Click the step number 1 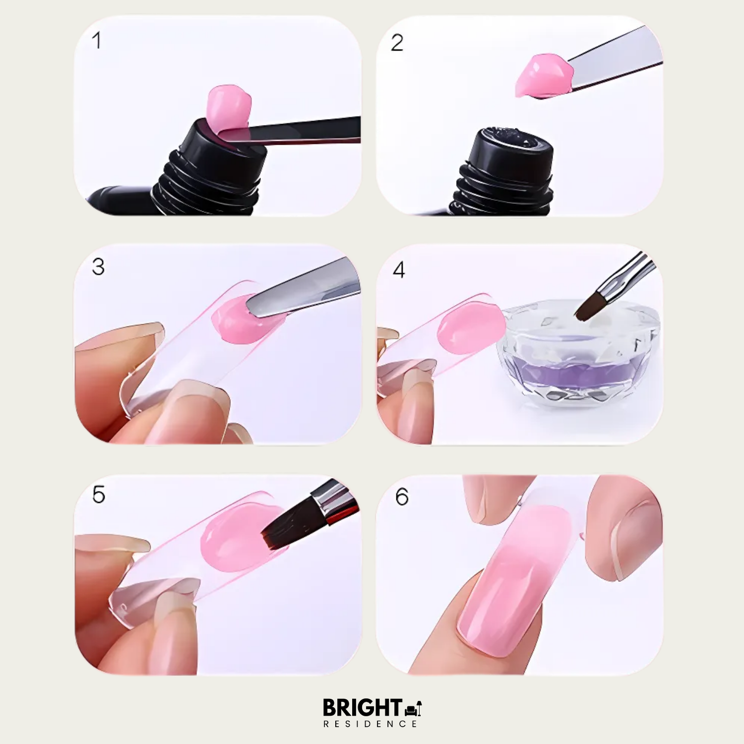pos(97,40)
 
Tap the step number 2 pos(397,43)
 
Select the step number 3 pos(98,267)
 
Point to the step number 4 pos(399,270)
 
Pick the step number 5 pos(99,495)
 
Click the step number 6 pos(402,496)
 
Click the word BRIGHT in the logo pos(363,707)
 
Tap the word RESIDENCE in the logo pos(371,724)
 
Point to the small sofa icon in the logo pos(413,709)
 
